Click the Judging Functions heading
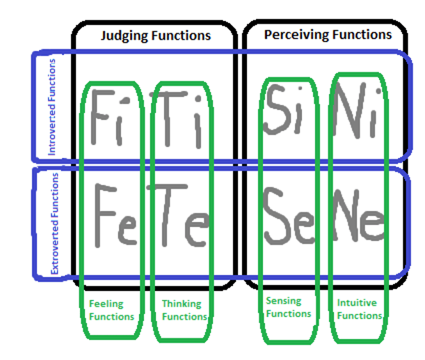(156, 36)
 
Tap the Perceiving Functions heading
(328, 35)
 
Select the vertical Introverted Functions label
(52, 107)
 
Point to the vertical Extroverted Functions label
(54, 223)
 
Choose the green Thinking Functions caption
(183, 310)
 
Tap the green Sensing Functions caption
(287, 307)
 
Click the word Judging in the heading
(125, 36)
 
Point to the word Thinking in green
(182, 304)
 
